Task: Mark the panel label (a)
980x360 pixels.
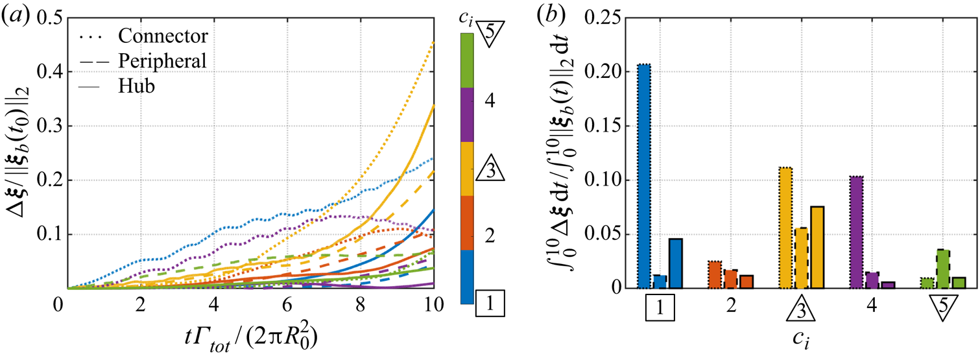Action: click(x=14, y=14)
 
